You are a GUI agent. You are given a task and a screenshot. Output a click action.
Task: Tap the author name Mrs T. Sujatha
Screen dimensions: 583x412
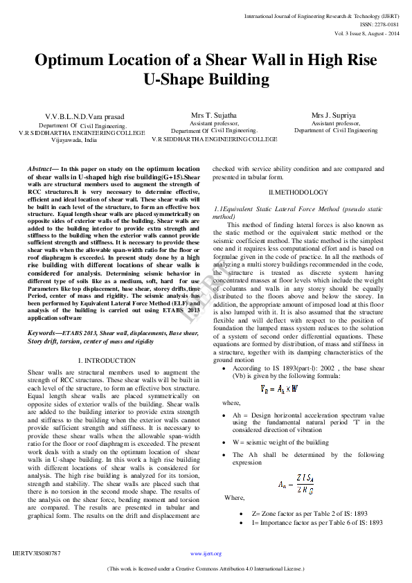[x=214, y=115]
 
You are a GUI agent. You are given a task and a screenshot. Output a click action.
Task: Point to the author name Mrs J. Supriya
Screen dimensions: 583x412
[x=335, y=115]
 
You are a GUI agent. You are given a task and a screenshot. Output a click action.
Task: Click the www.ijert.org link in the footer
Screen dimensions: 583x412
[x=206, y=554]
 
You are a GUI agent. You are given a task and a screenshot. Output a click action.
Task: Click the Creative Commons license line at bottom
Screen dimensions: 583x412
[x=206, y=568]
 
